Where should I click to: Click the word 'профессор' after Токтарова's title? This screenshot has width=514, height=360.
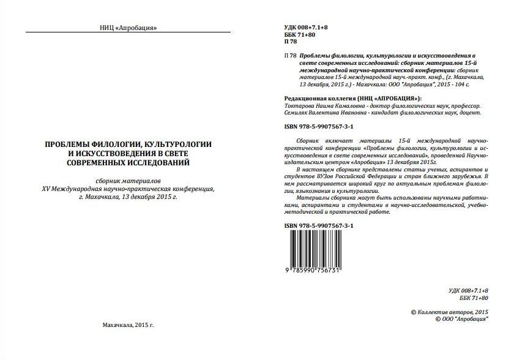point(466,105)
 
